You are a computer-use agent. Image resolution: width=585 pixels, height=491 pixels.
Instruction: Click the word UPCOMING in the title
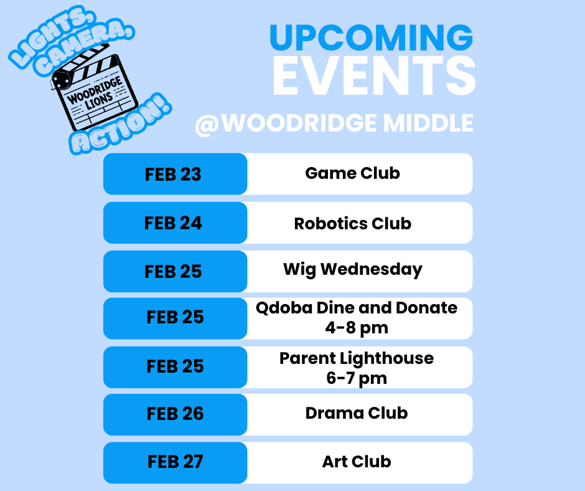pyautogui.click(x=371, y=38)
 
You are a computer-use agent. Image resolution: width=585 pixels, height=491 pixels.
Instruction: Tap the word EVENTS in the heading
pyautogui.click(x=373, y=77)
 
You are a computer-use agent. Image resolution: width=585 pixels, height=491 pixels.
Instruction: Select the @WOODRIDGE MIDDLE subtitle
pyautogui.click(x=334, y=123)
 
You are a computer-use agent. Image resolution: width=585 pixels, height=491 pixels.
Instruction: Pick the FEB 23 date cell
pyautogui.click(x=174, y=174)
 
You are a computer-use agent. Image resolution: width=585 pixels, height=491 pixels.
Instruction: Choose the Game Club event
pyautogui.click(x=352, y=173)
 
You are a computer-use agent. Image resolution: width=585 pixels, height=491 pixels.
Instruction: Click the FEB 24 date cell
pyautogui.click(x=174, y=223)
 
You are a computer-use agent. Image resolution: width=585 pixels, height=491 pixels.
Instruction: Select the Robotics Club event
pyautogui.click(x=352, y=223)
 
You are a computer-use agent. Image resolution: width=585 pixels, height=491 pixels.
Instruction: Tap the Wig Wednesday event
pyautogui.click(x=352, y=270)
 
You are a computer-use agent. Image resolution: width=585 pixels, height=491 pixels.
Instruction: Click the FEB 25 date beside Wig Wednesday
pyautogui.click(x=174, y=272)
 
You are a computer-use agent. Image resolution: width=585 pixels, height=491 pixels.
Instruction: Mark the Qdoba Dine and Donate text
pyautogui.click(x=357, y=308)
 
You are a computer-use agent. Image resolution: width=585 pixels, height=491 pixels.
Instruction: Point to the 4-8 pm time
pyautogui.click(x=357, y=328)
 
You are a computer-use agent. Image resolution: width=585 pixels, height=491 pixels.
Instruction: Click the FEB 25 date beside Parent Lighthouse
pyautogui.click(x=175, y=366)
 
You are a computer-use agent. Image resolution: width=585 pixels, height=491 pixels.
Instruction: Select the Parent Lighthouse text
pyautogui.click(x=357, y=358)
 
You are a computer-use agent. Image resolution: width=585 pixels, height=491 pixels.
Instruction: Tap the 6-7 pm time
pyautogui.click(x=357, y=378)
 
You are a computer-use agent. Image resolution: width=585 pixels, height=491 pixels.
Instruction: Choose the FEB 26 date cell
pyautogui.click(x=175, y=414)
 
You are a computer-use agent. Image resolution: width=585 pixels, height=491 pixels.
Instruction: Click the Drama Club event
pyautogui.click(x=357, y=412)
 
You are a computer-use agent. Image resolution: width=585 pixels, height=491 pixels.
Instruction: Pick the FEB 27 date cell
pyautogui.click(x=175, y=462)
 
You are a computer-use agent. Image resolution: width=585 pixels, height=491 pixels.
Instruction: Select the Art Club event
pyautogui.click(x=357, y=462)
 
